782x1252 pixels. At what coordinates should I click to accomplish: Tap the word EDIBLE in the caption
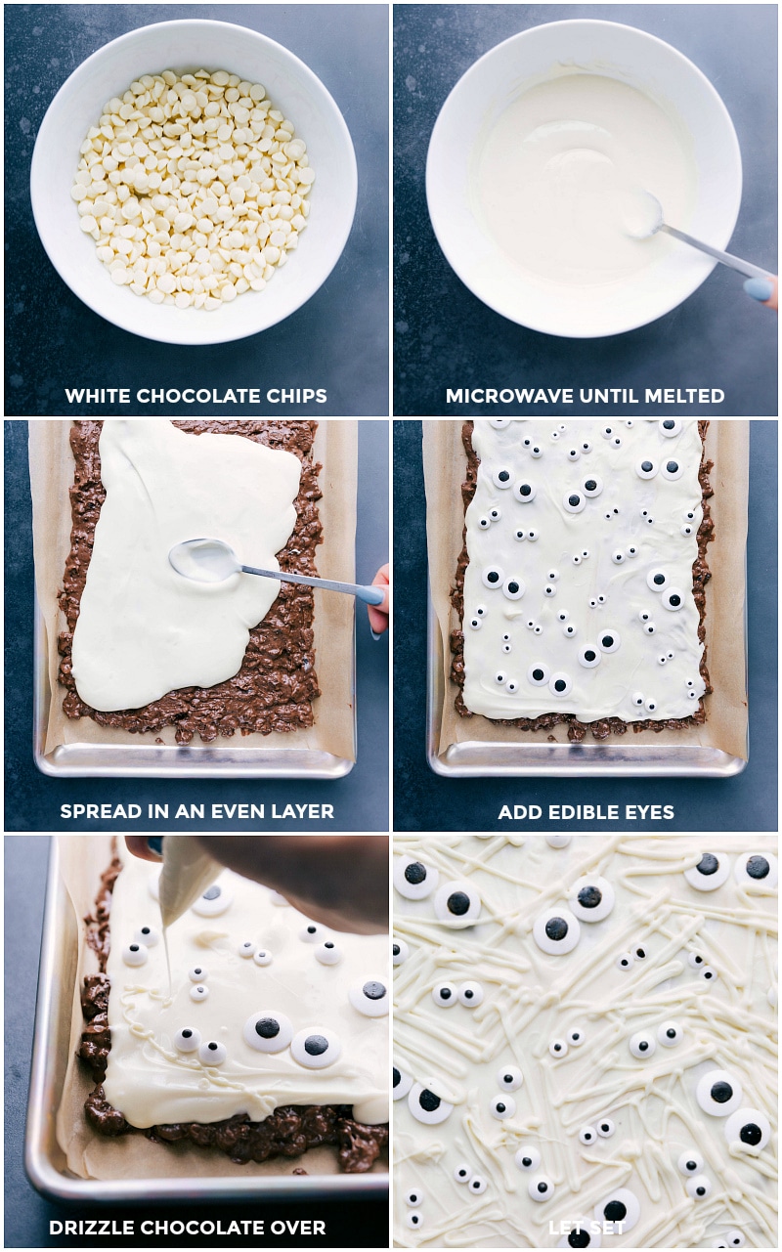coord(581,812)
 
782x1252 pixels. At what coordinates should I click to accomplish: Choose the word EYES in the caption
coord(648,812)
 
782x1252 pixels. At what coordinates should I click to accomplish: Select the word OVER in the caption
coord(299,1228)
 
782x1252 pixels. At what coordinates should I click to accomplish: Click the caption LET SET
coord(586,1228)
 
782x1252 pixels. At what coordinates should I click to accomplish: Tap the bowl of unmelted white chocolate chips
coord(194,186)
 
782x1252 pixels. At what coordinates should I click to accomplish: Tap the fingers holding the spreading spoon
coord(378,598)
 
